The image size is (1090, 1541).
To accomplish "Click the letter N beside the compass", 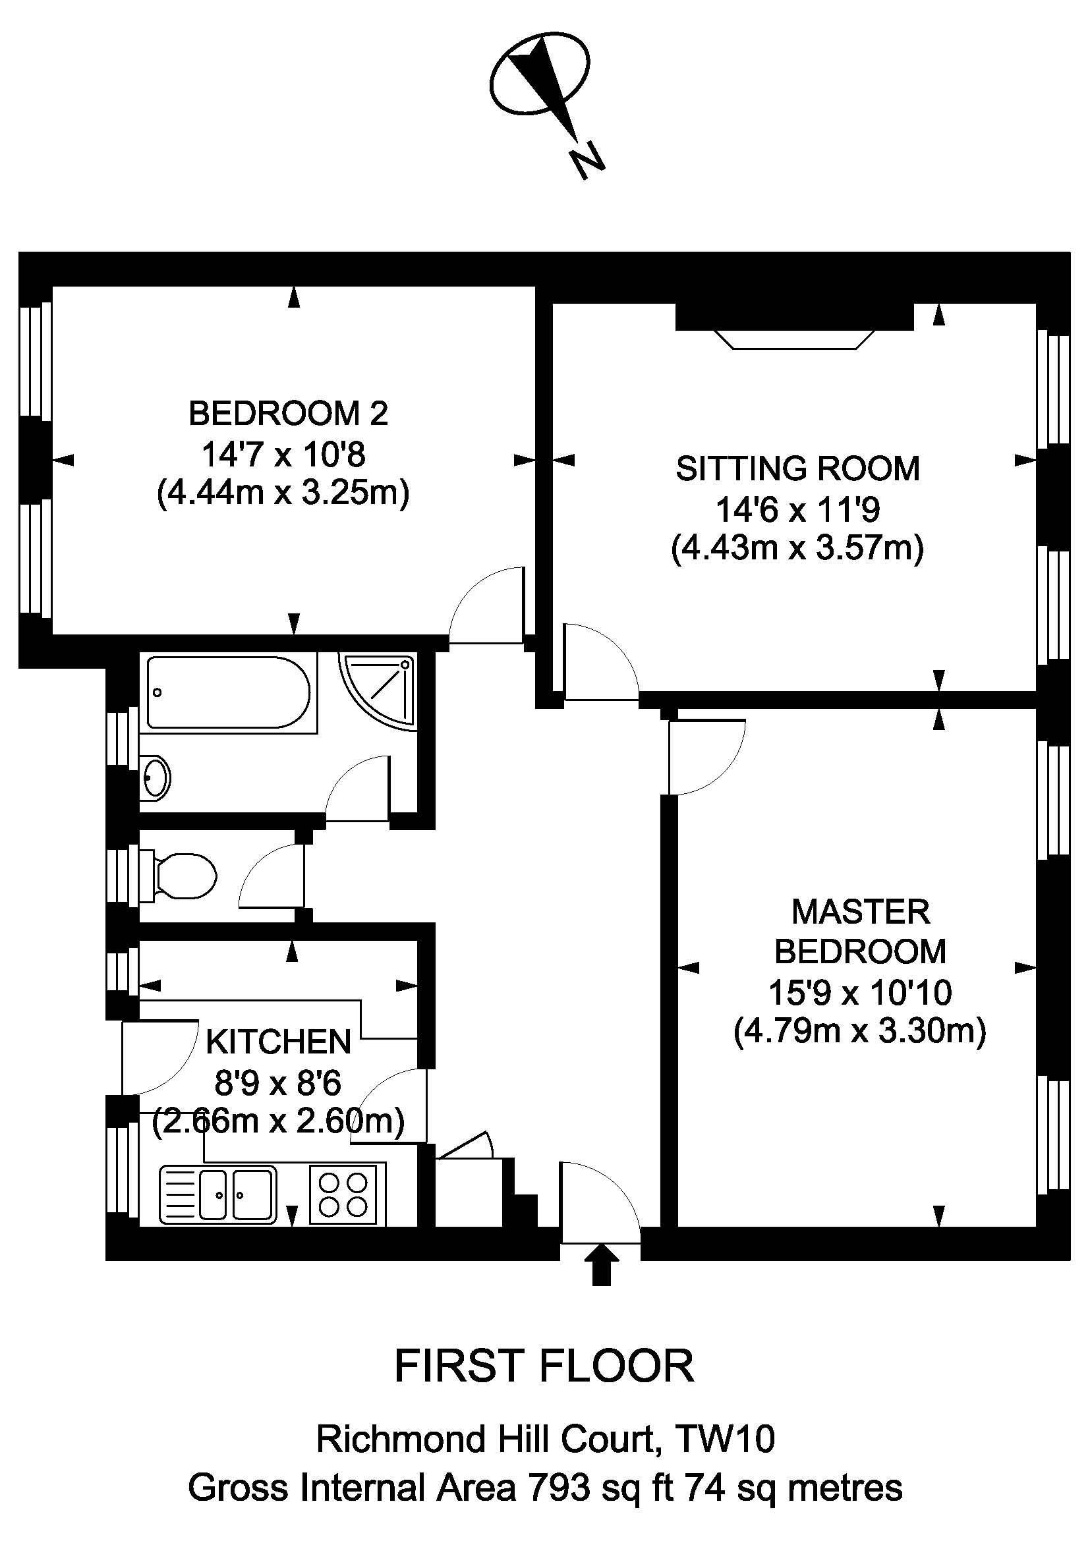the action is pos(587,161).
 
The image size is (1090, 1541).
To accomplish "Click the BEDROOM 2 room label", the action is pos(289,414).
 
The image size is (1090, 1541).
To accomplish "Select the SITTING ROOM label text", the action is pos(797,468).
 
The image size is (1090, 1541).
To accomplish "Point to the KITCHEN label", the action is pos(279,1042).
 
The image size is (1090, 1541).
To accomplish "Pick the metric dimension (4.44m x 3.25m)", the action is pos(283,495).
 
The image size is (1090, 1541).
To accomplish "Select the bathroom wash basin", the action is pos(156,779).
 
